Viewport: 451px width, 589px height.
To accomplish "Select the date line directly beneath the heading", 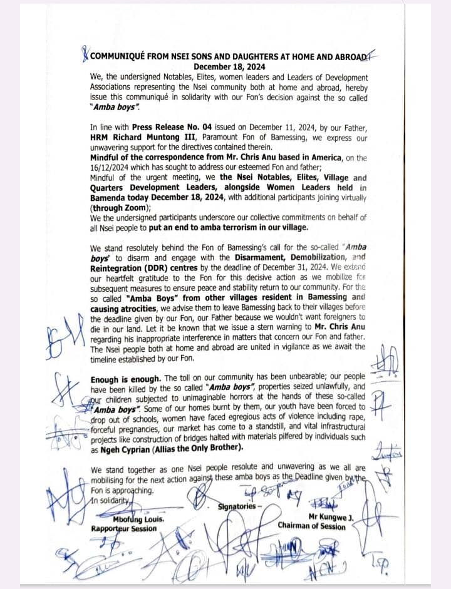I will pyautogui.click(x=229, y=67).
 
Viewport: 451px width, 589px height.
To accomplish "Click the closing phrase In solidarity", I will pyautogui.click(x=109, y=500).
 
